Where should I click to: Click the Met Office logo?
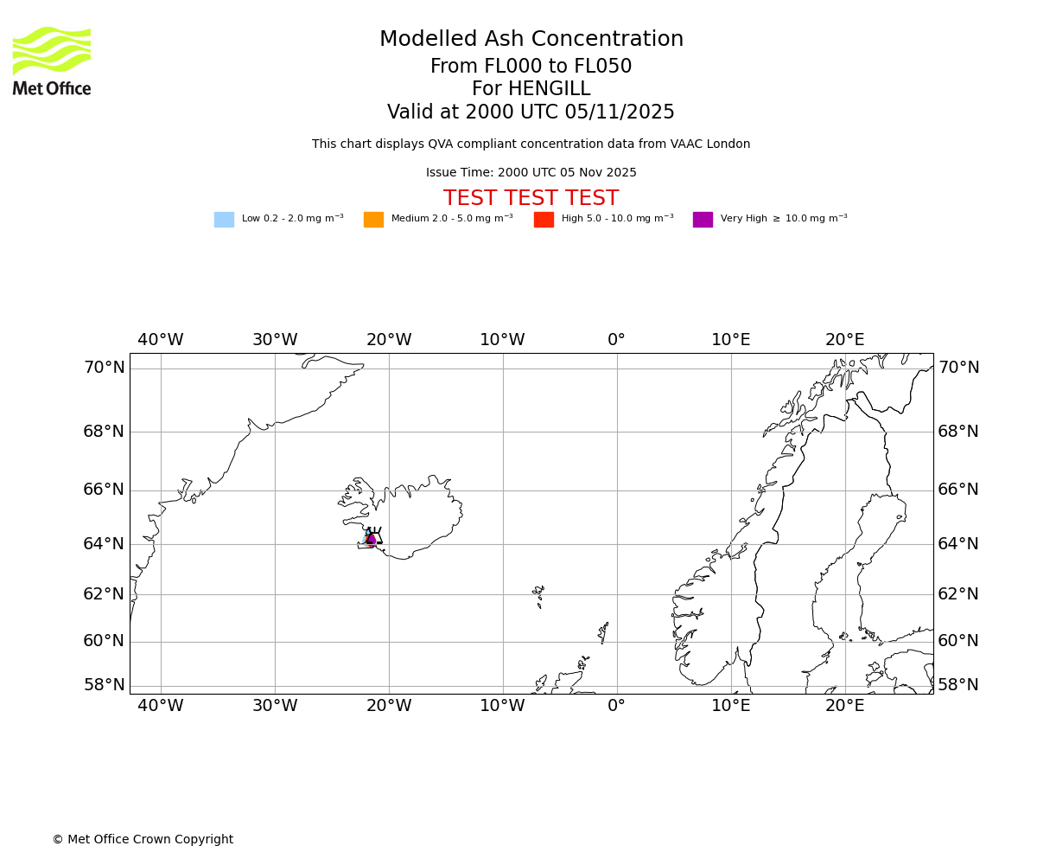pos(52,61)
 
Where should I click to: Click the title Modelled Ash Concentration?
pos(531,40)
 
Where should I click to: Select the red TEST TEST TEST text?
pos(531,199)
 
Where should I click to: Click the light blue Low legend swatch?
pos(224,220)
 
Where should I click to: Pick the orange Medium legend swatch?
pos(373,220)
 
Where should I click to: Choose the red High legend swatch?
pos(544,220)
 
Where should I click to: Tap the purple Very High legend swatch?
pos(703,220)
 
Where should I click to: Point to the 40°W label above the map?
pos(161,340)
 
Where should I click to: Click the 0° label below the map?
pos(616,706)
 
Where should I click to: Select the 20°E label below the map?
pos(844,706)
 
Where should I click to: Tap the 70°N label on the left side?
pos(104,368)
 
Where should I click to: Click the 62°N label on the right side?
pos(958,594)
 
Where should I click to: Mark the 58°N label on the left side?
pos(104,685)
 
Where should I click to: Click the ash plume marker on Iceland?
pos(372,540)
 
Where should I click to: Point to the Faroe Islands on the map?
pos(538,595)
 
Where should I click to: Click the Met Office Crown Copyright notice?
pos(143,840)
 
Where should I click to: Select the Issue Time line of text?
pos(531,173)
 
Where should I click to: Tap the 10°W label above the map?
pos(502,340)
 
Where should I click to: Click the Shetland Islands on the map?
pos(603,632)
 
